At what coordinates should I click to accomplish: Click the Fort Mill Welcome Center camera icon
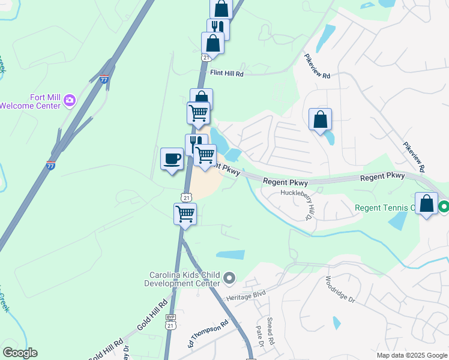pos(70,100)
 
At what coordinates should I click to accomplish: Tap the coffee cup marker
pos(172,159)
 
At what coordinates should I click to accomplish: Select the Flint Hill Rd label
pos(226,74)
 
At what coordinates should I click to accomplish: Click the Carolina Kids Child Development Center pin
pos(229,278)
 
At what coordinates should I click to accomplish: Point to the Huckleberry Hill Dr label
pos(299,205)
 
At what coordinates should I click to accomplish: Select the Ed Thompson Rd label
pos(208,334)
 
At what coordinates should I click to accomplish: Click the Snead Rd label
pos(270,331)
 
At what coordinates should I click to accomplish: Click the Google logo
pos(20,353)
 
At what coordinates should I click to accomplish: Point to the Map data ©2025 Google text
pos(412,355)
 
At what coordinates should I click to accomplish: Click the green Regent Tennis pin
pos(444,208)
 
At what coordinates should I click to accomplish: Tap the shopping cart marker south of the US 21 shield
pos(185,214)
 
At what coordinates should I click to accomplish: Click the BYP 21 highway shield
pos(171,322)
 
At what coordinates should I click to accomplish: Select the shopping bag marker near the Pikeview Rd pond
pos(321,119)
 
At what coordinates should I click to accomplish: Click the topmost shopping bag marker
pos(221,8)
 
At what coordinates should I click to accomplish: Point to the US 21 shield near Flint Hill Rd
pos(205,57)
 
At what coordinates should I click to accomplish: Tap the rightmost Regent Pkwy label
pos(382,178)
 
